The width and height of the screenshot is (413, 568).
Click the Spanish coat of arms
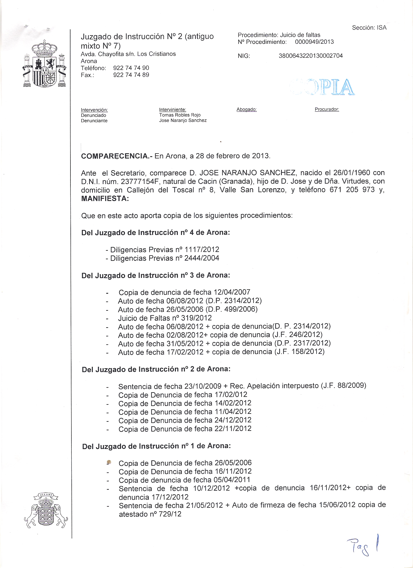coord(45,64)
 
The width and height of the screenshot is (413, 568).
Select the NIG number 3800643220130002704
coord(310,56)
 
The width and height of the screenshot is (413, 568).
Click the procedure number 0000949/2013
coord(314,42)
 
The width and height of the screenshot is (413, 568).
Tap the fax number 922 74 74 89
coord(131,75)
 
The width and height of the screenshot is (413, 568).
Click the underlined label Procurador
coord(327,109)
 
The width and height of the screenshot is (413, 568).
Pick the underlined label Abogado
coord(246,109)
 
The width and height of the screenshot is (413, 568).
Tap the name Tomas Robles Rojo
coord(180,115)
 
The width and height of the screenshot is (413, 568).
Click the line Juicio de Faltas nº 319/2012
coord(165,318)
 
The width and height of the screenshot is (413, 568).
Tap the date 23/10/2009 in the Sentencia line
coord(203,386)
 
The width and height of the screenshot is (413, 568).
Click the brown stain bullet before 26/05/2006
coord(109,462)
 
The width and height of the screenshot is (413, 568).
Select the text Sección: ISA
coord(369,28)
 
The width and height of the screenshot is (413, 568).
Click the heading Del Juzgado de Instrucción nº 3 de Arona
coord(155,275)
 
